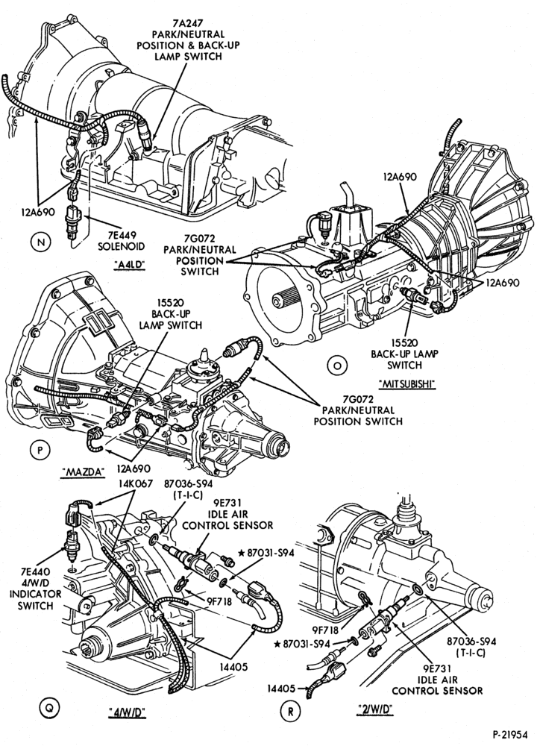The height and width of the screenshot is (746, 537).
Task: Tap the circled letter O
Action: click(337, 366)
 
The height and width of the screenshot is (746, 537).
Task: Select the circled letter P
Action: click(40, 450)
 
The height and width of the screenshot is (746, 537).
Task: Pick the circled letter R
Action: click(290, 711)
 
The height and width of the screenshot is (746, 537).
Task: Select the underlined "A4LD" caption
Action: click(129, 266)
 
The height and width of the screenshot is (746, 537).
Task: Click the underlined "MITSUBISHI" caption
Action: click(408, 384)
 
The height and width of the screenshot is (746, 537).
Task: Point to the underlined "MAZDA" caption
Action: click(84, 471)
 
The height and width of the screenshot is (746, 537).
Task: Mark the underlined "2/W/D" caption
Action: click(374, 709)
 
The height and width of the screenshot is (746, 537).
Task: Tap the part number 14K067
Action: click(136, 483)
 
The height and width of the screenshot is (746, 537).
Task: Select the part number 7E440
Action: click(36, 571)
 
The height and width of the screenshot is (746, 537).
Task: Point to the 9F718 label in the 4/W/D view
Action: click(219, 601)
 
